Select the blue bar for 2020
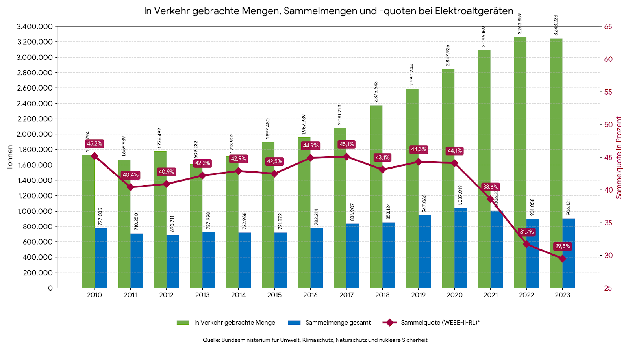coord(461,248)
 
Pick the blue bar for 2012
coord(173,262)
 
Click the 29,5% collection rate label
coord(562,246)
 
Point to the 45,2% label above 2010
coord(94,144)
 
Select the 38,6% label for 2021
coord(491,187)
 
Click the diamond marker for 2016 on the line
coord(310,158)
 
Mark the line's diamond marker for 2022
coord(526,244)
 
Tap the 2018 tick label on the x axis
coord(382,295)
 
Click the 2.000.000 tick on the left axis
coord(35,134)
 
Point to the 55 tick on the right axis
coord(608,92)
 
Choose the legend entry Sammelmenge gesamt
coord(338,323)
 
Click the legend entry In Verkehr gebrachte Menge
coord(234,323)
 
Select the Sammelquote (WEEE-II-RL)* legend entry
coord(440,323)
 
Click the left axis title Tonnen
coord(10,158)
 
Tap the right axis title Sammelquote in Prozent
coord(619,158)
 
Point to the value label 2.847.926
coord(448,55)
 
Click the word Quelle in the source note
coord(211,340)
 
